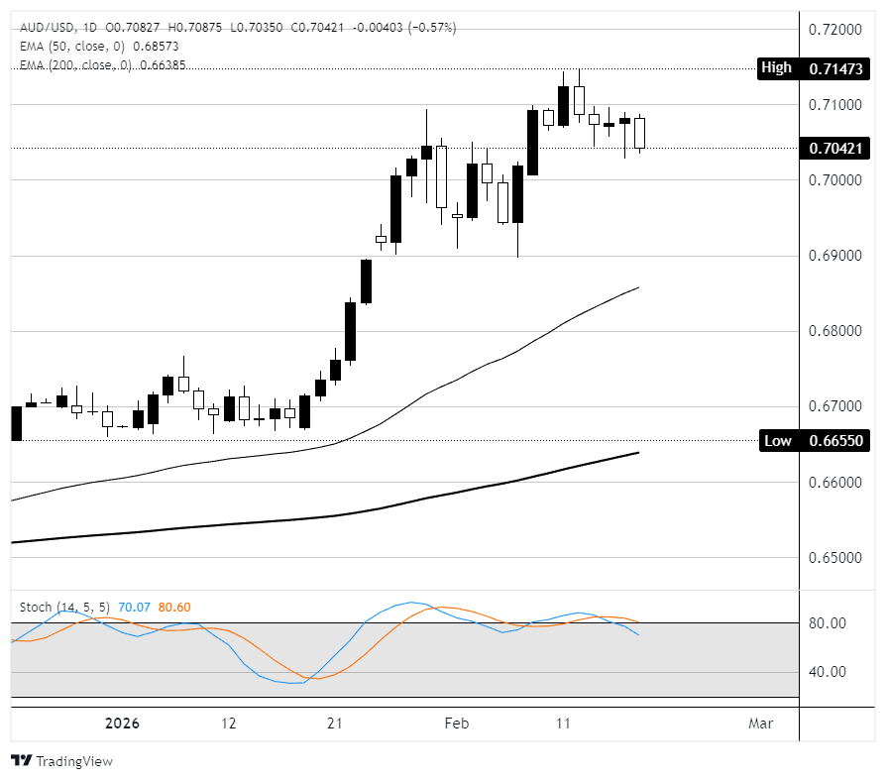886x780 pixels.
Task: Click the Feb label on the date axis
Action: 457,724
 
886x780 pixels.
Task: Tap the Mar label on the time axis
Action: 760,724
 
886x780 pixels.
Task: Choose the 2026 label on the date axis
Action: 124,724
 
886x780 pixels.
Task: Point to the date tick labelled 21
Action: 335,724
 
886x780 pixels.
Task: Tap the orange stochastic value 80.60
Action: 174,607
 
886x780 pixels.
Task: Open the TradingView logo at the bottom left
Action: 61,761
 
